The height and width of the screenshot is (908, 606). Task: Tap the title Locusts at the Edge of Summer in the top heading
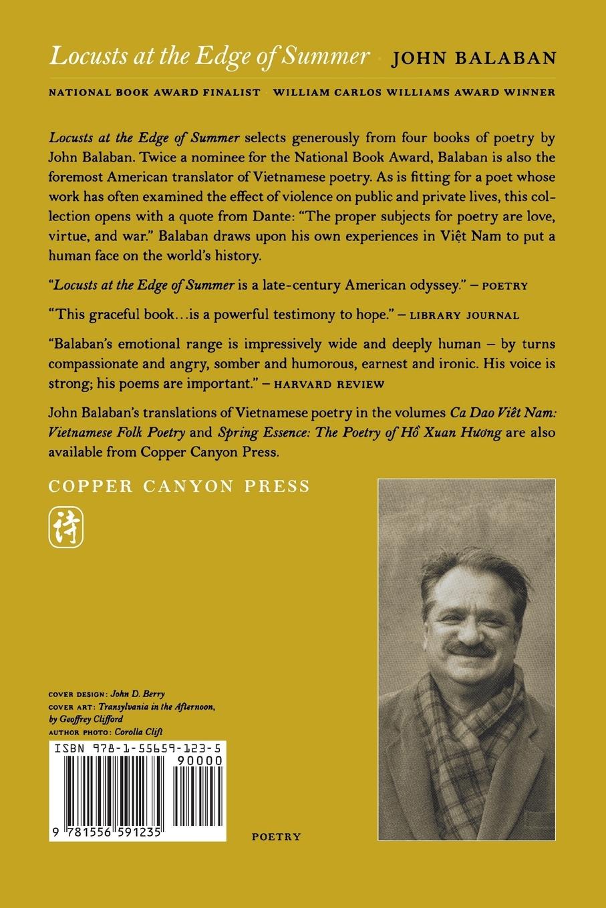pos(208,57)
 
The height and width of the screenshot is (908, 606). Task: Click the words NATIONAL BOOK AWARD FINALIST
pos(154,93)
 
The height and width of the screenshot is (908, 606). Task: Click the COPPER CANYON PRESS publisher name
pos(180,485)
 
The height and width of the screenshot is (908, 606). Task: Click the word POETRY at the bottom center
pos(276,836)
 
